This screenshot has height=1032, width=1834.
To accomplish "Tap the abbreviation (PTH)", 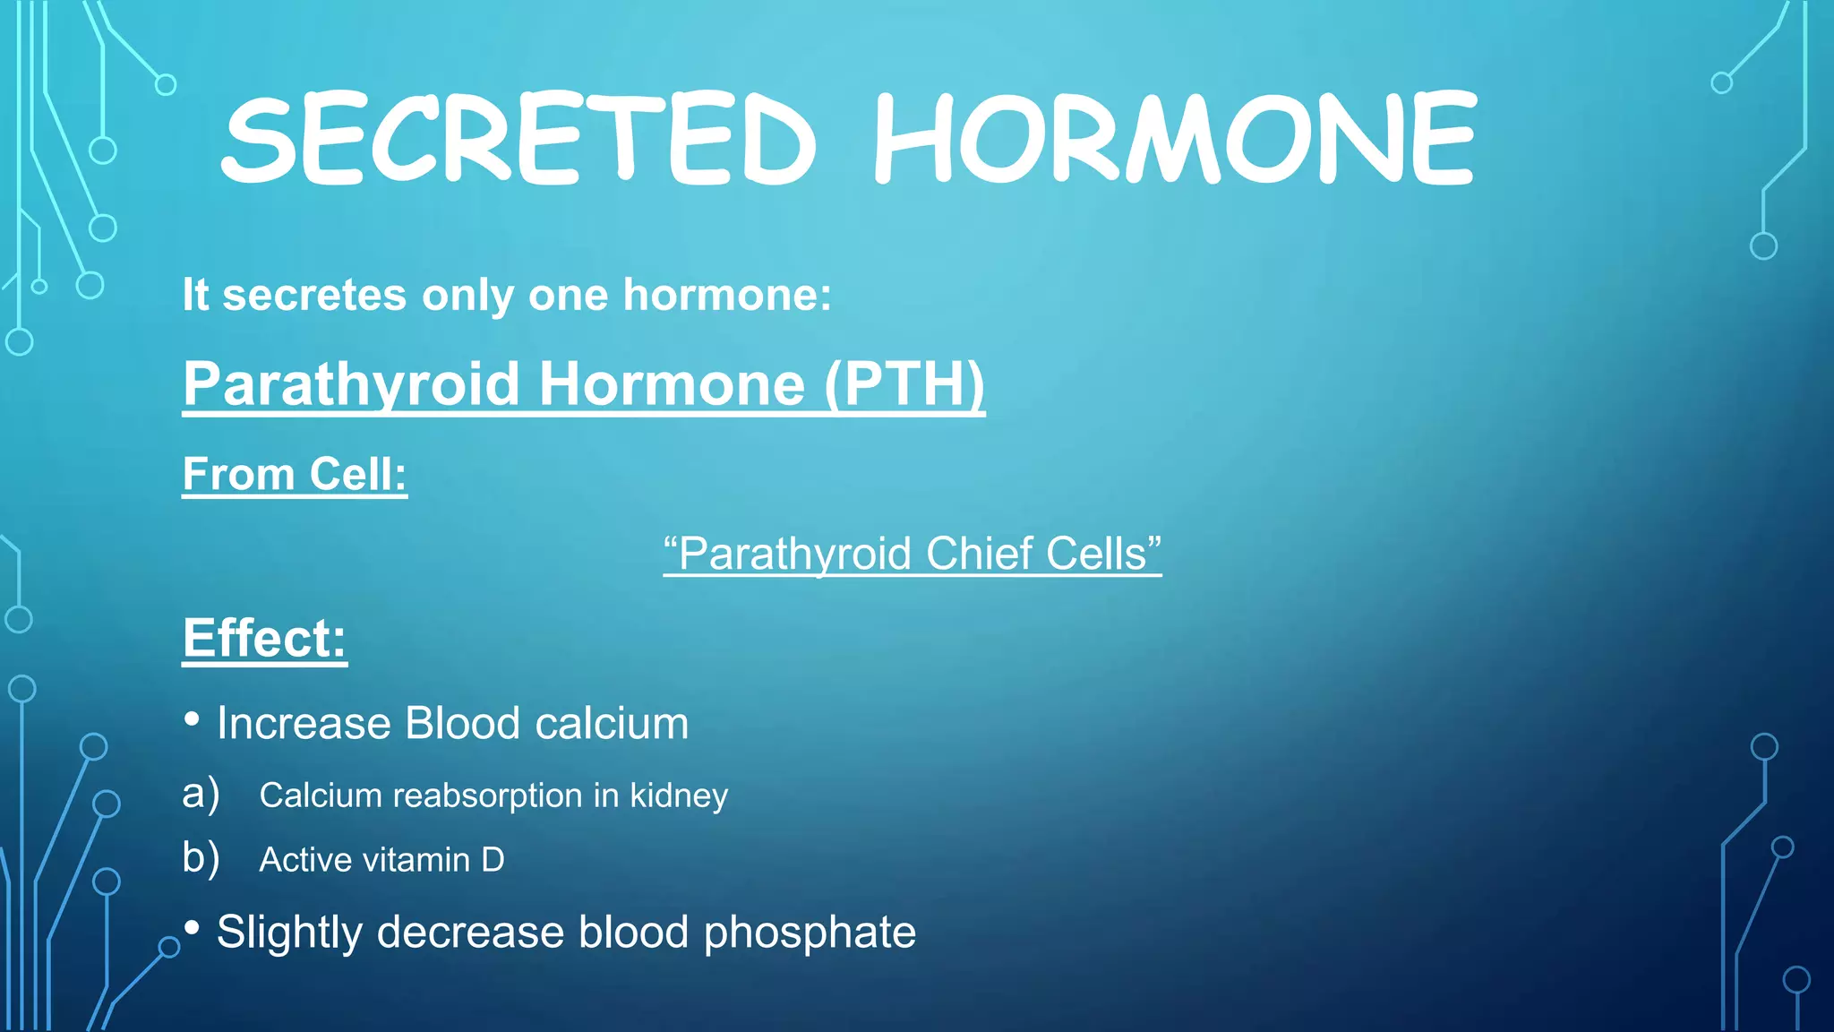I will coord(904,384).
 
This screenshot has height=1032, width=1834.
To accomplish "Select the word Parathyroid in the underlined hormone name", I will coord(351,384).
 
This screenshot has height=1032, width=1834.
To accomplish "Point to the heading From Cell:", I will coord(295,474).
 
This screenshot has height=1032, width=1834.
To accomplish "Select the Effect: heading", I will coord(264,638).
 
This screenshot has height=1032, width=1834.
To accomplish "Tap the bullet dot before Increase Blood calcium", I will coord(192,719).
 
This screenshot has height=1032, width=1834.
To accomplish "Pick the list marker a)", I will coord(201,795).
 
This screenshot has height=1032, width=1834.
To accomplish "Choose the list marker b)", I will coord(201,858).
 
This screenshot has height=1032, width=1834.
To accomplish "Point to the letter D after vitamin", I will coord(493,860).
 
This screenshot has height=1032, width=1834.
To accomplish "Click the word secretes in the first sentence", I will coord(314,296).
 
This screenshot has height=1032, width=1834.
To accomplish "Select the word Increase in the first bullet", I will coord(304,724).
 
